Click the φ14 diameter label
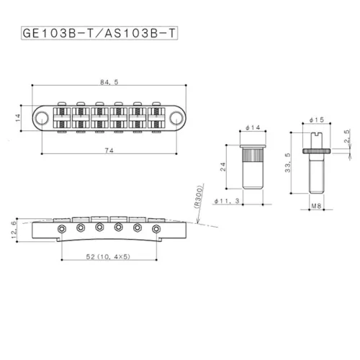point(251,127)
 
